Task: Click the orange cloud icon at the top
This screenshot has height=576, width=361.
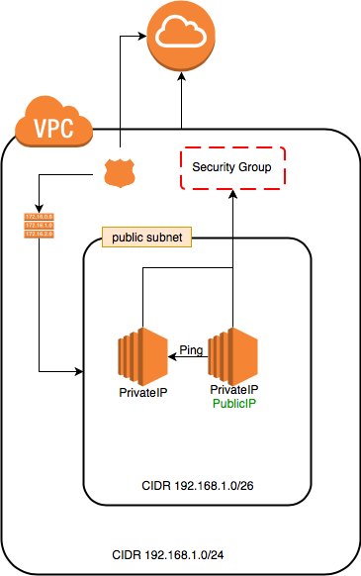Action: pyautogui.click(x=181, y=38)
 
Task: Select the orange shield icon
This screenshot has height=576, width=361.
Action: pyautogui.click(x=120, y=175)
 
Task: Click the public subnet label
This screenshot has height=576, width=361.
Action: pyautogui.click(x=147, y=239)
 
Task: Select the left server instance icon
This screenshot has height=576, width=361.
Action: pyautogui.click(x=141, y=355)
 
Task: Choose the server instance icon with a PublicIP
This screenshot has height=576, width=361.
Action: pyautogui.click(x=233, y=355)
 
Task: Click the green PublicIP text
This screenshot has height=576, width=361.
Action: pyautogui.click(x=233, y=403)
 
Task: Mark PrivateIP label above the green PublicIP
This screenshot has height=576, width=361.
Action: pyautogui.click(x=233, y=390)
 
